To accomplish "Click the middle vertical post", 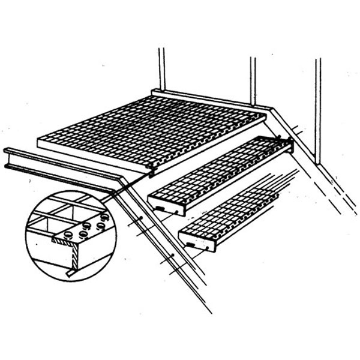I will point(253,81).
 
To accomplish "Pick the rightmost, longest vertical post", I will point(318,108).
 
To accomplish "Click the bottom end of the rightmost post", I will point(318,162).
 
